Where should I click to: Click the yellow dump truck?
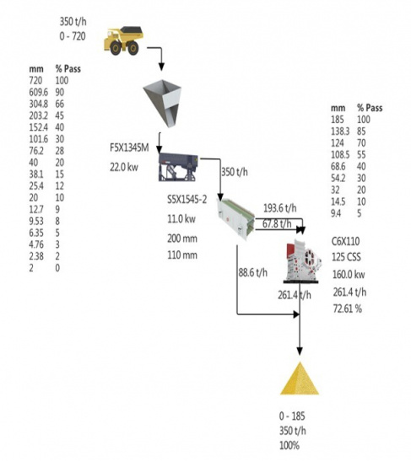coord(124,40)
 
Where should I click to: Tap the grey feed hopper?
coord(162,103)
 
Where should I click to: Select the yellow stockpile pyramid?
coord(300,378)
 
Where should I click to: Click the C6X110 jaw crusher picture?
coord(302,260)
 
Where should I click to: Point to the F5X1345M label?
coord(129,147)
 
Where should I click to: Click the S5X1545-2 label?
coord(187,200)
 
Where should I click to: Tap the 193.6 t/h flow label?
coord(279,208)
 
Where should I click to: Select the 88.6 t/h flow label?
coord(253,272)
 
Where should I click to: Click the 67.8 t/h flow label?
coord(277,223)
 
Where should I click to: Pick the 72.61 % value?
coord(348,308)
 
